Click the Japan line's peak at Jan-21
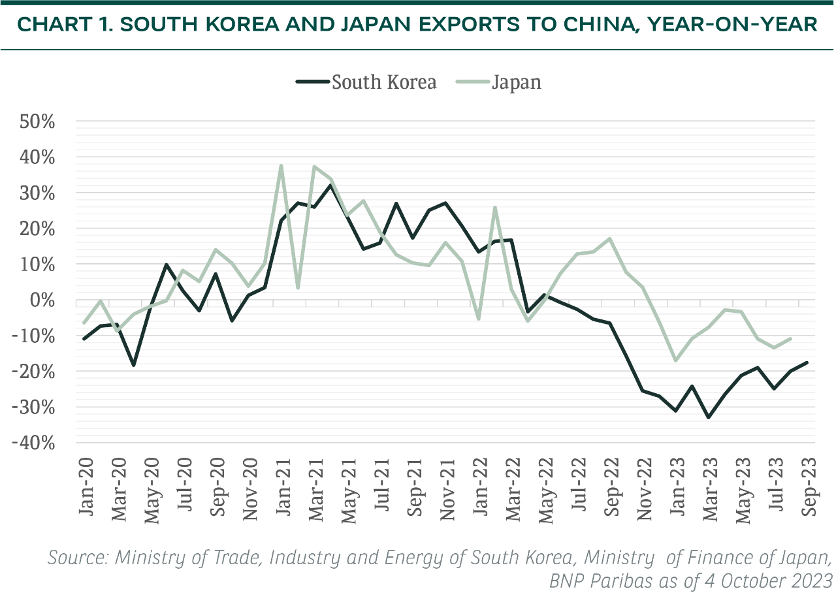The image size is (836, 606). click(x=281, y=166)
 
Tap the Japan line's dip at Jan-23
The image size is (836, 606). click(x=676, y=360)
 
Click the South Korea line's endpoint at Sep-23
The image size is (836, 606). click(x=807, y=362)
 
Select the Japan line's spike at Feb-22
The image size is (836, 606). click(x=495, y=208)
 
